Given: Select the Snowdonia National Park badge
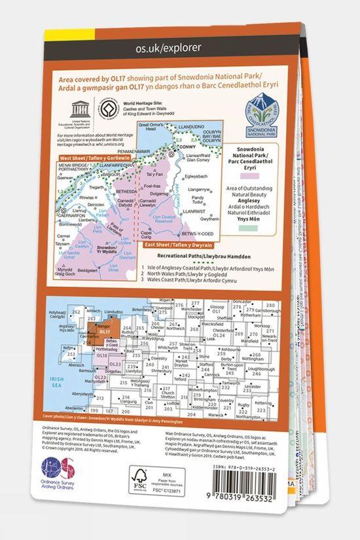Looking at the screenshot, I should pos(262,115).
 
